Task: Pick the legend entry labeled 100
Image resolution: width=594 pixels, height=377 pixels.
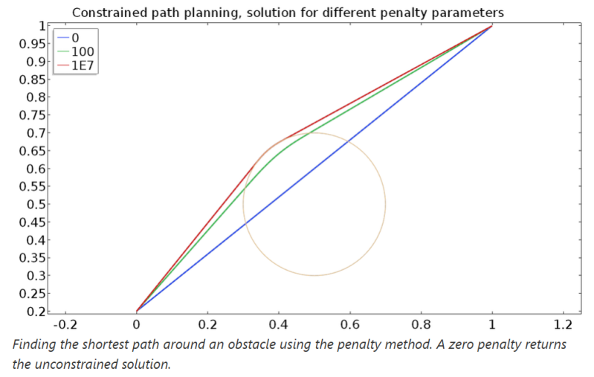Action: (x=83, y=52)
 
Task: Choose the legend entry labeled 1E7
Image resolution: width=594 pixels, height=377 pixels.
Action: (x=84, y=65)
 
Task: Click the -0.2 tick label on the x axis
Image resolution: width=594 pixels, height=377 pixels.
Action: (x=65, y=325)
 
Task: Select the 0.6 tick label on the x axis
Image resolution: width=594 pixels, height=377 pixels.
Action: (x=350, y=325)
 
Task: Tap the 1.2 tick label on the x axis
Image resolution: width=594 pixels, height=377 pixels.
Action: (x=564, y=325)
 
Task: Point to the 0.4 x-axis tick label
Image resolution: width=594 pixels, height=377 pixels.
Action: (x=279, y=325)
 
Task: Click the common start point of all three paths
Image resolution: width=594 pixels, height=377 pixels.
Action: (x=137, y=311)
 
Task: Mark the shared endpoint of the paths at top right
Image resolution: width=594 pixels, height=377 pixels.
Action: (x=492, y=26)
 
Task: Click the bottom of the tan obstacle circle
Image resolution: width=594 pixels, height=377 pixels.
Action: (x=314, y=275)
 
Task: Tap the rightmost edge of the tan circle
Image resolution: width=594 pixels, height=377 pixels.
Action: (x=385, y=204)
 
